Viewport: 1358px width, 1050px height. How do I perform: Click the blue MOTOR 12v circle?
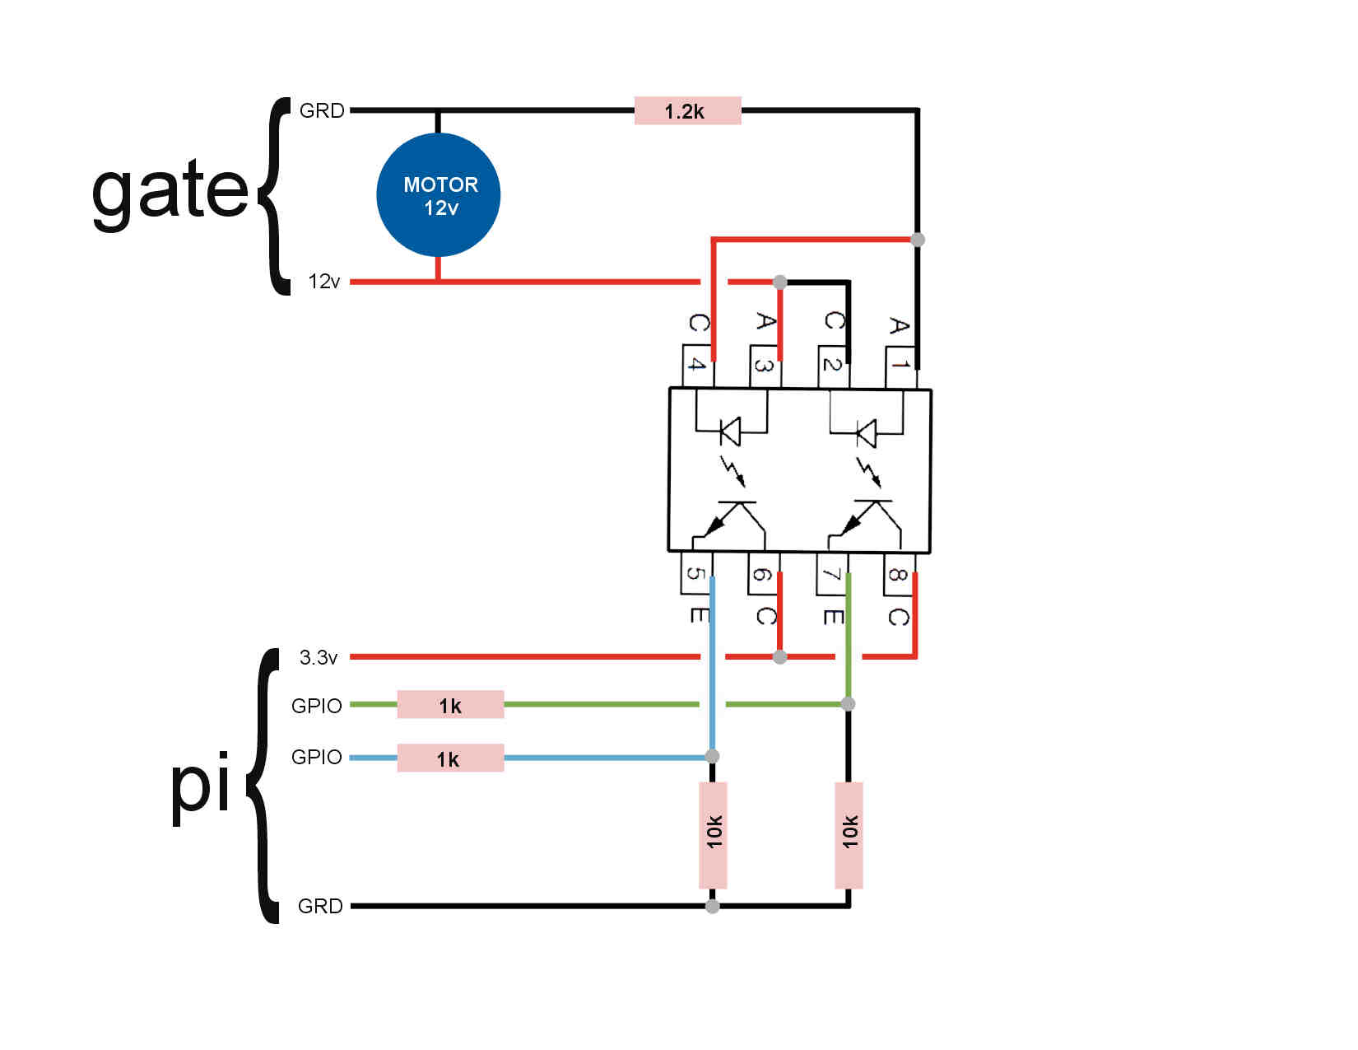(438, 194)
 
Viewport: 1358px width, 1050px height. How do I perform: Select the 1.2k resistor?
(687, 110)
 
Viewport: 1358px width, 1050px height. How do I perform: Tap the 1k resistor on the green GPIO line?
(450, 705)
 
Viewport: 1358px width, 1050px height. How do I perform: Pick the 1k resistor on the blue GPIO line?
(450, 758)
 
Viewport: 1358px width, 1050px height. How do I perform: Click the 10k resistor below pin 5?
(713, 836)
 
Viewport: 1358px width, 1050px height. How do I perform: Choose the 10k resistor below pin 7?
(849, 836)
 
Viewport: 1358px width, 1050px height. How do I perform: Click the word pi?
(200, 788)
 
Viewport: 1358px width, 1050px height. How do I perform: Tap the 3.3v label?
(319, 657)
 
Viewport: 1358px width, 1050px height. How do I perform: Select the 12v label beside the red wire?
(323, 282)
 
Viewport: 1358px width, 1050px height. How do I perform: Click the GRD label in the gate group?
(322, 110)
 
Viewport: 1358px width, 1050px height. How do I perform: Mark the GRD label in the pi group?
(321, 906)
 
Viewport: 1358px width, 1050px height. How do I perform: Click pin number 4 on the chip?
(697, 364)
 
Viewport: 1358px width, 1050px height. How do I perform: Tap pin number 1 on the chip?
(900, 364)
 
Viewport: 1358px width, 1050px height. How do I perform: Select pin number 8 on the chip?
(898, 574)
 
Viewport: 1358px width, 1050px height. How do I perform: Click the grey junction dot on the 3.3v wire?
(780, 656)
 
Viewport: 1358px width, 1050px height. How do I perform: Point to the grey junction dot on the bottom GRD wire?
(713, 906)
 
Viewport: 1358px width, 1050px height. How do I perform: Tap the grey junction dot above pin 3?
(780, 282)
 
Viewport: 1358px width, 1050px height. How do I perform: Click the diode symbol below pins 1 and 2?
(866, 432)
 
